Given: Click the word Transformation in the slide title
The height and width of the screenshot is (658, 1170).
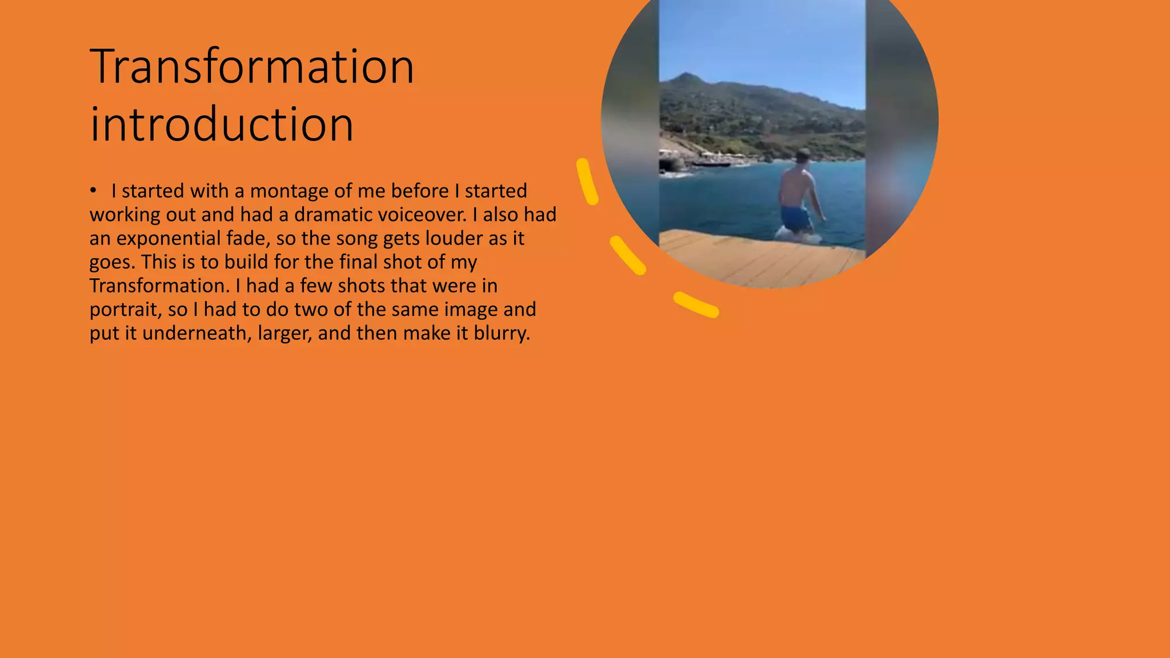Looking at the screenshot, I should (x=252, y=67).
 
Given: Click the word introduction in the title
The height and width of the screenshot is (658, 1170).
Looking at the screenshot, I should (x=222, y=125).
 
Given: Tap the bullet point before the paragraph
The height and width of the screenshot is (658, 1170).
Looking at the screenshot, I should (x=93, y=191).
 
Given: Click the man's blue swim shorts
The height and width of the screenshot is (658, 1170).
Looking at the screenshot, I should (x=795, y=218).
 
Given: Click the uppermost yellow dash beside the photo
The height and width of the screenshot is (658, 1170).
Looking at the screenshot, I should (x=587, y=181).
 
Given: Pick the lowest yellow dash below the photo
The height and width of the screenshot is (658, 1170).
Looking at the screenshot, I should (x=696, y=304).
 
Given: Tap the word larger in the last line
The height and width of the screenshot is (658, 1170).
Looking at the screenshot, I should (x=285, y=333).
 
